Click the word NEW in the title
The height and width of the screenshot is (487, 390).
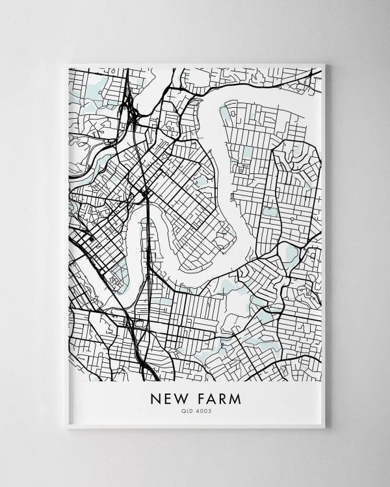(x=168, y=398)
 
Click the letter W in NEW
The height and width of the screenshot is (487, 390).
(x=179, y=398)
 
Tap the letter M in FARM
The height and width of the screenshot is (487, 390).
(x=235, y=398)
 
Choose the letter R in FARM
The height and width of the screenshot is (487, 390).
(x=222, y=398)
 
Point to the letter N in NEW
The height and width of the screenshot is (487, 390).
(x=155, y=398)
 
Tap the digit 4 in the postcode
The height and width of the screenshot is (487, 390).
(x=198, y=411)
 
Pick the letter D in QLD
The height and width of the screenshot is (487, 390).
(x=192, y=411)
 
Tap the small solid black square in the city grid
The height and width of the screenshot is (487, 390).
(x=91, y=238)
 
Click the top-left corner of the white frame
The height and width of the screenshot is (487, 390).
(x=68, y=64)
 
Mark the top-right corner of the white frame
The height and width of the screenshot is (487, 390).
(x=324, y=64)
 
